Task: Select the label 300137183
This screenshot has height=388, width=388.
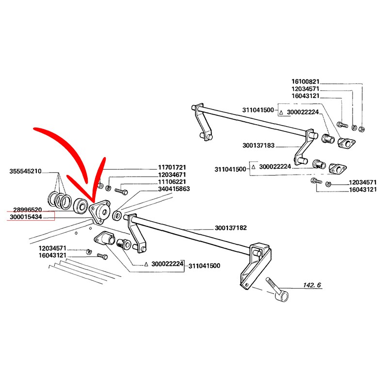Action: (259, 145)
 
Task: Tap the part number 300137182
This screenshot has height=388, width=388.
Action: (230, 228)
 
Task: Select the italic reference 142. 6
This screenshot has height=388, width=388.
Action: (312, 285)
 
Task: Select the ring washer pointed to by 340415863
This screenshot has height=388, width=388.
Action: (117, 215)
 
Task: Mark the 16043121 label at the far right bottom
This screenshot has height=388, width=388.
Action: (363, 190)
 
